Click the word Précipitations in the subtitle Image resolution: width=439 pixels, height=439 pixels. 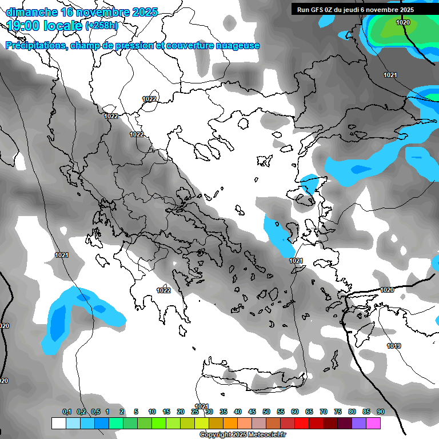35,46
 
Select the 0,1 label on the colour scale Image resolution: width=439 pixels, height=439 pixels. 67,412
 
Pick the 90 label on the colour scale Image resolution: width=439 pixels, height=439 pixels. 380,412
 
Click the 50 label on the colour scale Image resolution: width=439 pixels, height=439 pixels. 266,412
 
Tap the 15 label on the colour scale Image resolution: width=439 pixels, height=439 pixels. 166,412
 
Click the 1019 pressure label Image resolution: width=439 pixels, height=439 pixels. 394,346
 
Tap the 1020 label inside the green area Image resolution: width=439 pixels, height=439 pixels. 403,22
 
